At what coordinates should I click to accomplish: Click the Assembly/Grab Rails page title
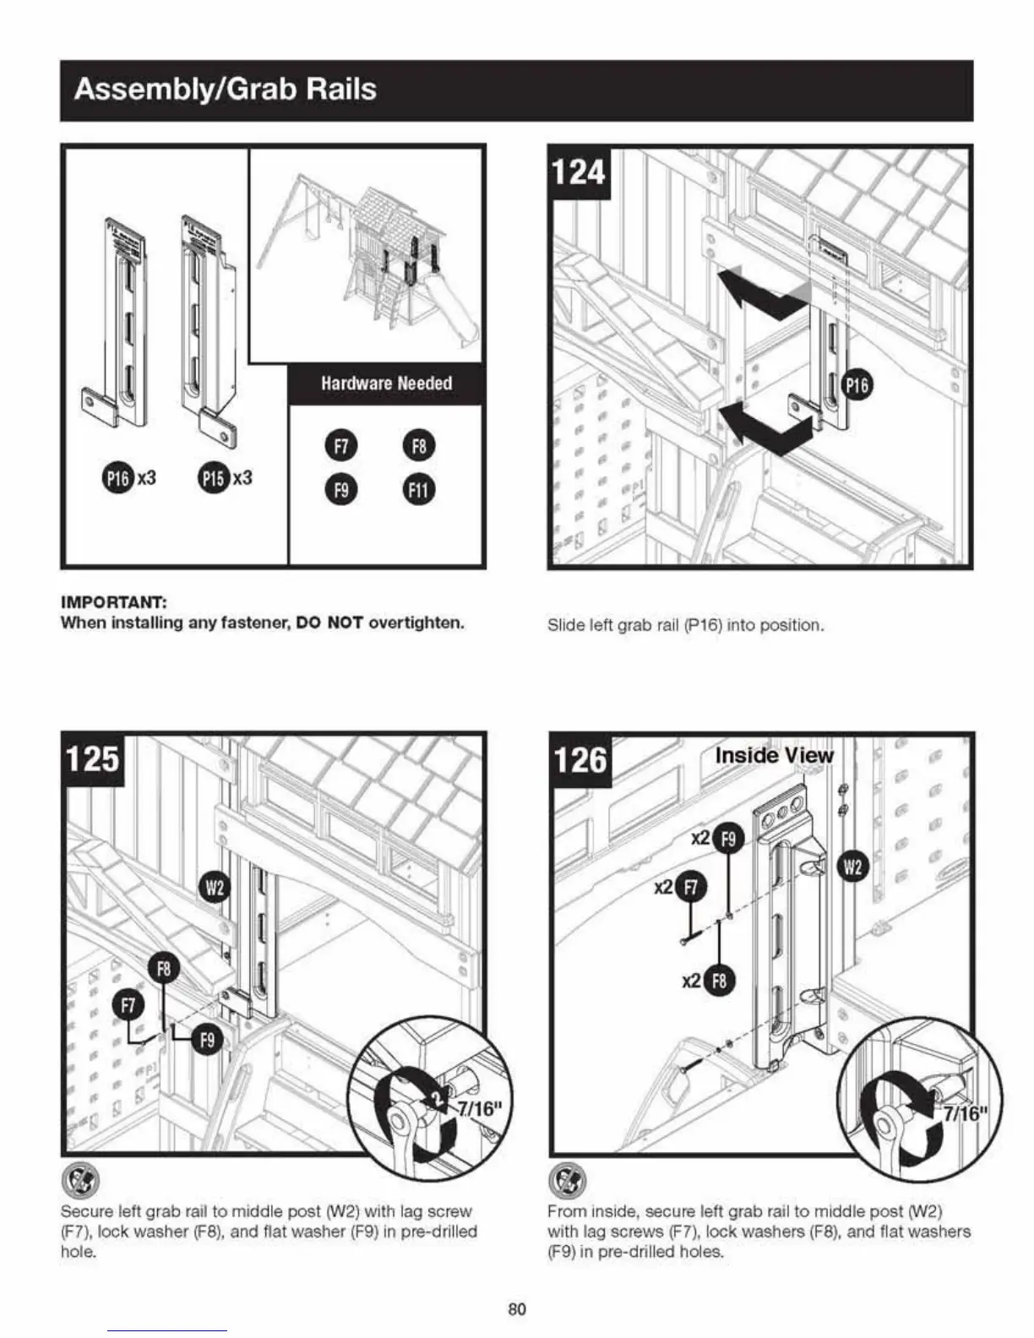[225, 89]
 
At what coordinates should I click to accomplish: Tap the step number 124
[579, 172]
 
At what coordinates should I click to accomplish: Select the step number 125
[92, 757]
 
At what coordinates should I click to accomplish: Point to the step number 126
[580, 758]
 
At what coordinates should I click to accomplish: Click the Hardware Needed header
[386, 383]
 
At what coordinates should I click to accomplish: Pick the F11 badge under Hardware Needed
[419, 490]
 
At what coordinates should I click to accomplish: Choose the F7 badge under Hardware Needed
[340, 446]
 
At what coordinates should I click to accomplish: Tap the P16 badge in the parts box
[117, 478]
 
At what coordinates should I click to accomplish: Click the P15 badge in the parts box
[214, 478]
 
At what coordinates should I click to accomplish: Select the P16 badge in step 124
[857, 386]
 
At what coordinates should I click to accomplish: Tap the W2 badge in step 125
[215, 887]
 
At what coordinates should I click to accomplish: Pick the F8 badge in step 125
[164, 969]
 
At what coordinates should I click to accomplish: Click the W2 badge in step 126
[853, 868]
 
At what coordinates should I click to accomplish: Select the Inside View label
[774, 755]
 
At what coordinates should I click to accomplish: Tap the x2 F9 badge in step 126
[728, 839]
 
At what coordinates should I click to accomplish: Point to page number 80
[517, 1309]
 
